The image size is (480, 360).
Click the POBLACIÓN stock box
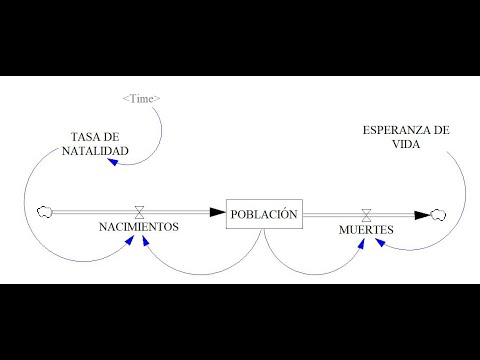tap(264, 214)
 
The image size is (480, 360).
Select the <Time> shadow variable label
tap(140, 98)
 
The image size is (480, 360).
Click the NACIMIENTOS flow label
tap(139, 227)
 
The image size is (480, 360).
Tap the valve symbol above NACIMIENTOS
tap(139, 211)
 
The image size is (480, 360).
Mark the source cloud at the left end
tap(43, 211)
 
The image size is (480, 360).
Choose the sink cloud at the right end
tap(438, 213)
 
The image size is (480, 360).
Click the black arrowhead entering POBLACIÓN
tap(218, 212)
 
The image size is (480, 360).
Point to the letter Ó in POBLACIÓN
tap(282, 214)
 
